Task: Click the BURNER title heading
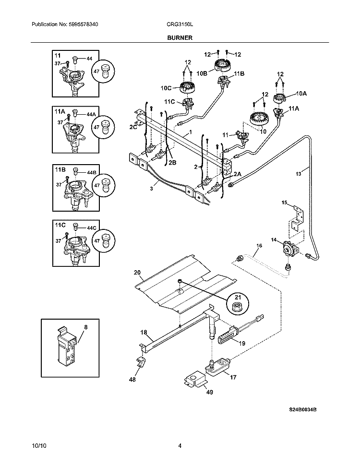(180, 37)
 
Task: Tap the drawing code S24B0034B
(303, 411)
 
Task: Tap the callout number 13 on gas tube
(299, 174)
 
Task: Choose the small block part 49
(195, 381)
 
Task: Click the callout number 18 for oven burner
(144, 332)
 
